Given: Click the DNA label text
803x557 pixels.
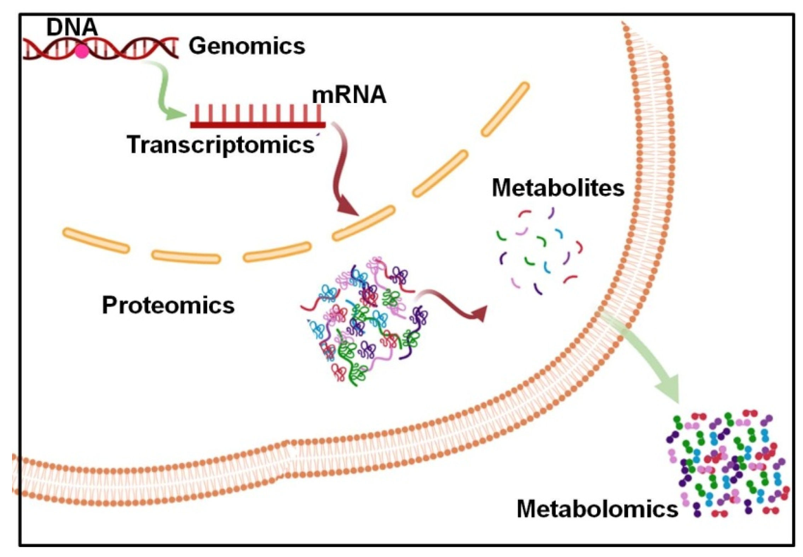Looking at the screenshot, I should point(72,27).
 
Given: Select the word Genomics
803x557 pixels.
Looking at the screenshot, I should point(247,46).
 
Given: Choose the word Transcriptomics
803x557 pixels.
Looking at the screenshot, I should point(220,145).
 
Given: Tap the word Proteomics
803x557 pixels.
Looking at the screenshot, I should point(168,305).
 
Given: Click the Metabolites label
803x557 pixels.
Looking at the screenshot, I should point(558,188).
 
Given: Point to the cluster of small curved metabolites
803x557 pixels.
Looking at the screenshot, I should point(539,251).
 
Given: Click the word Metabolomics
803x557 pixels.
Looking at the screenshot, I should point(597,509).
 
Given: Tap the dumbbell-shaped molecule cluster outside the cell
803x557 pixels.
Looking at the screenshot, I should point(727,463).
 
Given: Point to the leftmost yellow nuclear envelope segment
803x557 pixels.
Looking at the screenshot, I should point(96,240).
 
